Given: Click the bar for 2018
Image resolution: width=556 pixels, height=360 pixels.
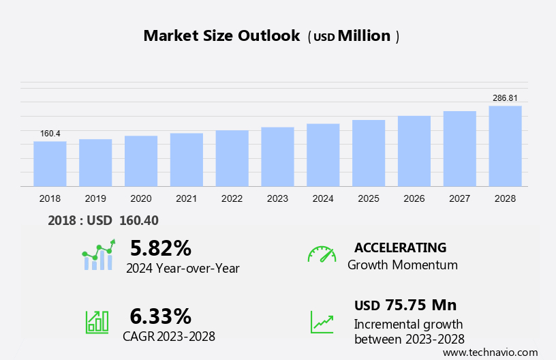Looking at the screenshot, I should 50,164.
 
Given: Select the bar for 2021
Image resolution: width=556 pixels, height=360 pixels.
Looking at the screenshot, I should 187,160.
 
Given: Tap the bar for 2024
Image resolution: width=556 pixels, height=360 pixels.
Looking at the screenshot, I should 323,155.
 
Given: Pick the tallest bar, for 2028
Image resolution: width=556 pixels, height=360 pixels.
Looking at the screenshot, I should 505,146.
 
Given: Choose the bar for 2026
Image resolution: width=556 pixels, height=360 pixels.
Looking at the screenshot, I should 414,151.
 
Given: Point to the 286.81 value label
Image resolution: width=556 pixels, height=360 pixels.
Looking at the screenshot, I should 505,98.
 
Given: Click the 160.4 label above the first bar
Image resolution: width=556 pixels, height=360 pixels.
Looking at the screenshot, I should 50,134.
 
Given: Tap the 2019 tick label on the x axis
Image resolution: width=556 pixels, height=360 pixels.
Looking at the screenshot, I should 95,198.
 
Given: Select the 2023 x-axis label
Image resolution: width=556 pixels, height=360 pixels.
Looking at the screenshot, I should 277,198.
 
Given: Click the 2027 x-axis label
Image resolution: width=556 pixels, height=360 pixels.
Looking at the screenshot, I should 459,198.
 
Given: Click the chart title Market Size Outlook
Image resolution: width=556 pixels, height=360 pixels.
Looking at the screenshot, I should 221,36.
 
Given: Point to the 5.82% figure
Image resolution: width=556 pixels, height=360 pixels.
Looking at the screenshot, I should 160,247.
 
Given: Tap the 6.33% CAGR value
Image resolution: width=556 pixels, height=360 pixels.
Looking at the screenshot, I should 160,316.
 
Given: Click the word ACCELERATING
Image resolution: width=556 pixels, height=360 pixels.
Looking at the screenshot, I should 400,247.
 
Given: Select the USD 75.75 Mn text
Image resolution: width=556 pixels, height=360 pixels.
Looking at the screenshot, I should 405,305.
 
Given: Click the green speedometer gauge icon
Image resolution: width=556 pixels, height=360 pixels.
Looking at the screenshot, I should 322,254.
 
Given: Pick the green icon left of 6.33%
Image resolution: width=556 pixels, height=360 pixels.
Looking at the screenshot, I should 97,322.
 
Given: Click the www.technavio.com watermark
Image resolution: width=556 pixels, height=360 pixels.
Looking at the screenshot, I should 490,352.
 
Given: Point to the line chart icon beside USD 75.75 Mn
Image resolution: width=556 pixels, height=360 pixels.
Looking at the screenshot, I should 322,322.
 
